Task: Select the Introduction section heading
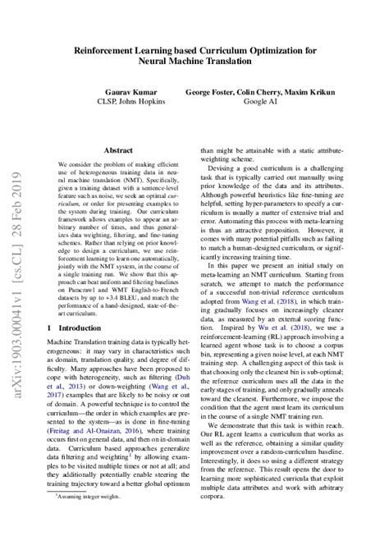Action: tap(82, 326)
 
